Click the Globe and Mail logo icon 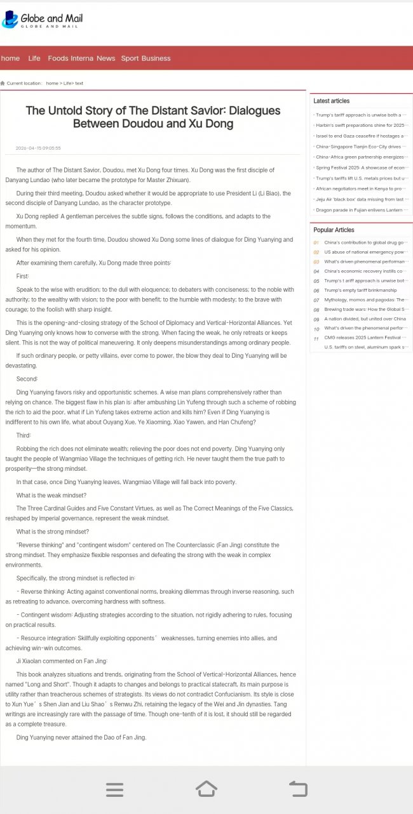[x=10, y=20]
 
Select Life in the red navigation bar [x=34, y=58]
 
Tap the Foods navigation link [x=58, y=58]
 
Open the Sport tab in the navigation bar [x=130, y=58]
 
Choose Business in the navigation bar [x=156, y=58]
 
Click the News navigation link [x=106, y=58]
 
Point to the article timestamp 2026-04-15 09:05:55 [x=38, y=148]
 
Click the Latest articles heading [x=331, y=101]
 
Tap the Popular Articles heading [x=334, y=230]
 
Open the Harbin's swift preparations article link [x=360, y=126]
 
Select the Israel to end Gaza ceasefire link [x=360, y=136]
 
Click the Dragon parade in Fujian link [x=360, y=209]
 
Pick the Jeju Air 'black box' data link [x=360, y=199]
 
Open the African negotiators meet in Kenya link [x=360, y=188]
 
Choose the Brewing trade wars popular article [x=365, y=310]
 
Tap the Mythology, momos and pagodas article [x=365, y=300]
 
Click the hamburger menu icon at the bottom [x=115, y=789]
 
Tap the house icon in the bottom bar [x=207, y=789]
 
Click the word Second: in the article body [x=27, y=379]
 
